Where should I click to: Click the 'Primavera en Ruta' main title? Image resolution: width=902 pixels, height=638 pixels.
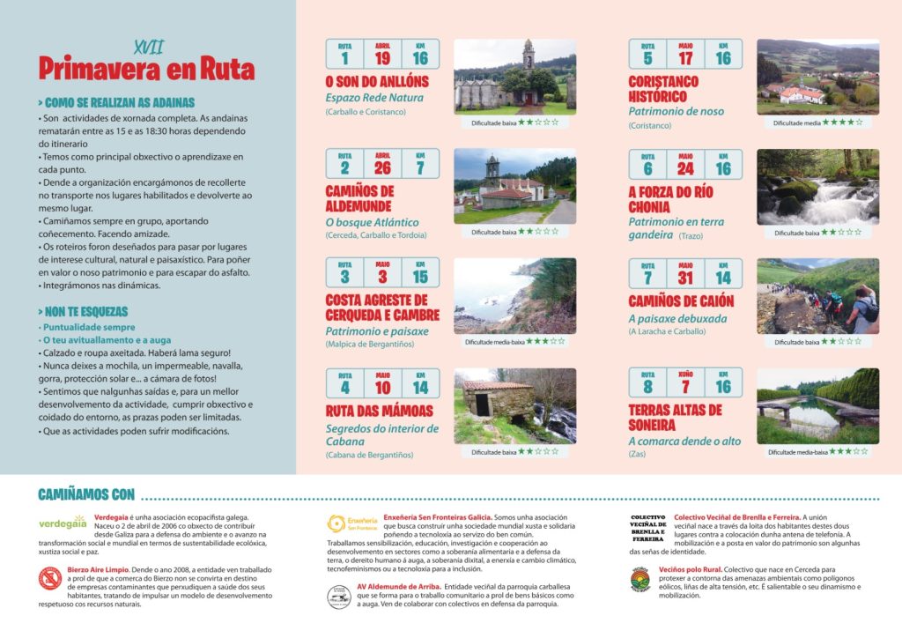(x=146, y=68)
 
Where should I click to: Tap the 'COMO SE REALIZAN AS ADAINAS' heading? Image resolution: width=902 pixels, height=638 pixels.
(x=117, y=102)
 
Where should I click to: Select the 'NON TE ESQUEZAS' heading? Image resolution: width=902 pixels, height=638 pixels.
(x=84, y=312)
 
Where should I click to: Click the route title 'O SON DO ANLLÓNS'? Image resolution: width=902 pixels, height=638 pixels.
(x=377, y=82)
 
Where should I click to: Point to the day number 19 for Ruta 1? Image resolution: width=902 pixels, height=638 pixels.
(x=382, y=58)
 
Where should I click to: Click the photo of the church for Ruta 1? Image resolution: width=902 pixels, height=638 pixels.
(x=514, y=77)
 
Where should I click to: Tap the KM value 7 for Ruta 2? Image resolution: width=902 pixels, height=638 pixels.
(x=419, y=167)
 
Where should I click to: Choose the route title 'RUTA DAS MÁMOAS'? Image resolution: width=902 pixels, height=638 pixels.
(x=380, y=411)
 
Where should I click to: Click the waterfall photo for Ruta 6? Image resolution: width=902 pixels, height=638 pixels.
(x=817, y=187)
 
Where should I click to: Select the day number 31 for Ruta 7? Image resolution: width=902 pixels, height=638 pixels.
(x=685, y=278)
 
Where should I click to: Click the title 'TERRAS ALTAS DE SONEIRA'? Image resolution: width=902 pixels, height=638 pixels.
(x=676, y=417)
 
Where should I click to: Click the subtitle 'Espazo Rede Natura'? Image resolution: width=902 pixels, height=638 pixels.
(x=374, y=98)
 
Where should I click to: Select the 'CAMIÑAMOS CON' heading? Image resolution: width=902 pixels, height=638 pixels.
(x=87, y=495)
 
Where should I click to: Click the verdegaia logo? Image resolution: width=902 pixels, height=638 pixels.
(x=63, y=523)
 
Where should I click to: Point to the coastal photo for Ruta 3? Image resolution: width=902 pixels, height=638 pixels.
(x=514, y=295)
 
